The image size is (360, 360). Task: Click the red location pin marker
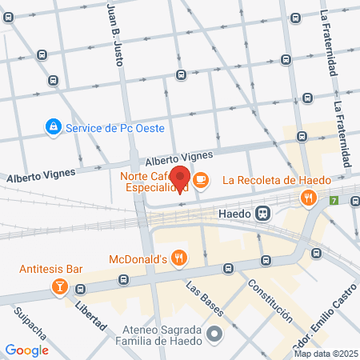pos(181,178)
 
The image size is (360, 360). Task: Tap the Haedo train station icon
pos(262,214)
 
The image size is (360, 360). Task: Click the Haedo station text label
pos(234,214)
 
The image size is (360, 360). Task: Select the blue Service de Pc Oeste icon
pos(53,126)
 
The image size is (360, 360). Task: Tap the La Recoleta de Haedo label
pos(276,180)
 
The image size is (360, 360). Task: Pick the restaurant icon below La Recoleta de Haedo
pos(307,198)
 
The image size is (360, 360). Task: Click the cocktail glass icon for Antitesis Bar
pos(59,286)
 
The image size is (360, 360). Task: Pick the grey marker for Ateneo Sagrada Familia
pos(214,334)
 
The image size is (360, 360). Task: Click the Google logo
pos(26,350)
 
